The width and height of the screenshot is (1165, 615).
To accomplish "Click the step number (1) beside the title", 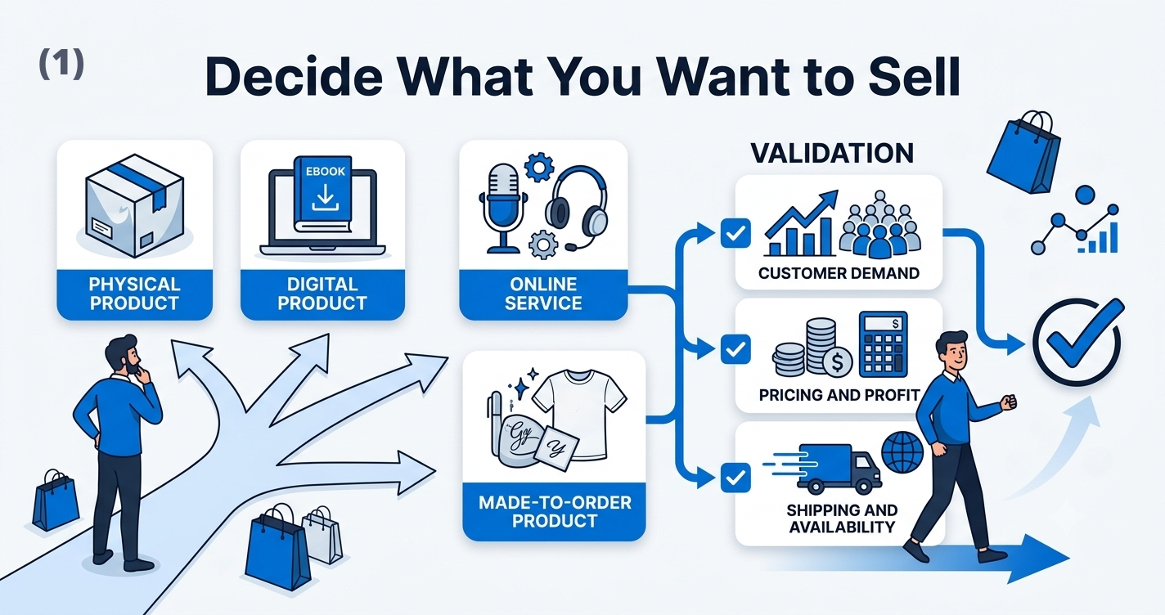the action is tap(61, 64).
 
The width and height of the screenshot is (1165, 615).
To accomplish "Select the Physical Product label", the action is tap(134, 294).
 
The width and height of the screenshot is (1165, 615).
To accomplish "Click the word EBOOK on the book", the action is tap(325, 171).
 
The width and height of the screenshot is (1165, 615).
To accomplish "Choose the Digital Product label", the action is tap(322, 294).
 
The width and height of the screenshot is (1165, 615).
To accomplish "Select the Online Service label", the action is tap(543, 294).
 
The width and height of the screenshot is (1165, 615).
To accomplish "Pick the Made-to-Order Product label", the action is tap(555, 512).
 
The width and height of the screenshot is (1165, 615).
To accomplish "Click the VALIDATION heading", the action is tap(832, 154).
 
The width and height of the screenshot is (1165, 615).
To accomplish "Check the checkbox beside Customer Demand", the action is tap(735, 233).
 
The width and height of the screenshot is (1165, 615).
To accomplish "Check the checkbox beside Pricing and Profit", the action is tap(735, 349).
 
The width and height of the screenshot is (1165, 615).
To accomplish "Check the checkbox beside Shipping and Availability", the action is tap(735, 478).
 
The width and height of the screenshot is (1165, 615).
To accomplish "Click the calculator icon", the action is tap(883, 344).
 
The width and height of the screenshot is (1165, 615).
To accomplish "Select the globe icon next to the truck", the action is tap(902, 452).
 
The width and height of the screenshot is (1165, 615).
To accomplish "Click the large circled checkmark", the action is tap(1077, 340).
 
